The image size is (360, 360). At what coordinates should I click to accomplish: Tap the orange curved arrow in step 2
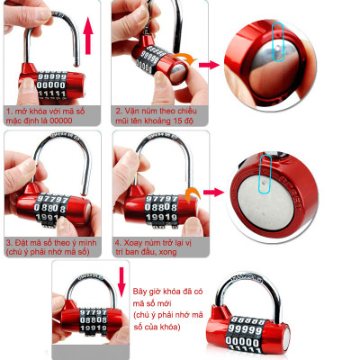(184, 58)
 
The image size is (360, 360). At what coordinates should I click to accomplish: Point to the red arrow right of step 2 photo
(210, 65)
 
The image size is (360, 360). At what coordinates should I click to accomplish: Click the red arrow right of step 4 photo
(211, 192)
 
